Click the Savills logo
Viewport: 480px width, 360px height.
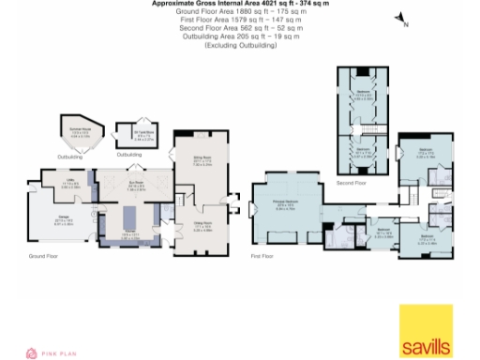tap(426, 331)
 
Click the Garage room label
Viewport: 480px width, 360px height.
tap(63, 221)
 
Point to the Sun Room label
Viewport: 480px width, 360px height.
tap(134, 185)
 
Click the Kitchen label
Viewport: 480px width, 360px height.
tap(128, 234)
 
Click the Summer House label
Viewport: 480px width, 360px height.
tap(80, 132)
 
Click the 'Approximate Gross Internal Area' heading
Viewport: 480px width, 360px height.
tap(240, 4)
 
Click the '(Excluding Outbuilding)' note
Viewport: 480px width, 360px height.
tap(240, 44)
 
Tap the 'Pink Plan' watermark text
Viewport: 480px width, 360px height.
tap(60, 352)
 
